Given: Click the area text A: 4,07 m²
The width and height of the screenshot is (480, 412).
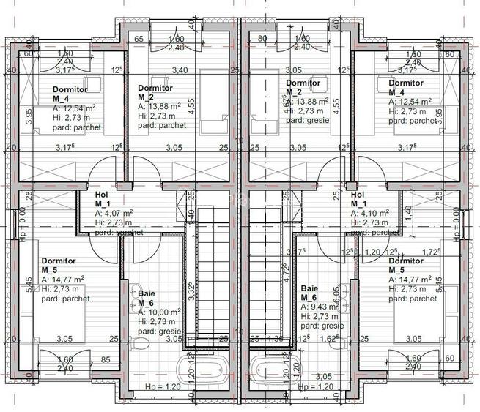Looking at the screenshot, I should (114, 214).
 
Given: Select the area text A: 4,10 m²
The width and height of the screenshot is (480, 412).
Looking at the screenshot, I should (370, 214).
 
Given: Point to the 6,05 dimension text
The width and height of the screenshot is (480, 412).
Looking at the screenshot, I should (338, 296).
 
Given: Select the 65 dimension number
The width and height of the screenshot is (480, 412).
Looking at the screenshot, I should (139, 39).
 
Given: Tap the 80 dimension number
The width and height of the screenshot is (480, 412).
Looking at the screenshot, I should (262, 39).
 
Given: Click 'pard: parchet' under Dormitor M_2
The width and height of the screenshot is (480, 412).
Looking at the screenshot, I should (162, 125).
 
